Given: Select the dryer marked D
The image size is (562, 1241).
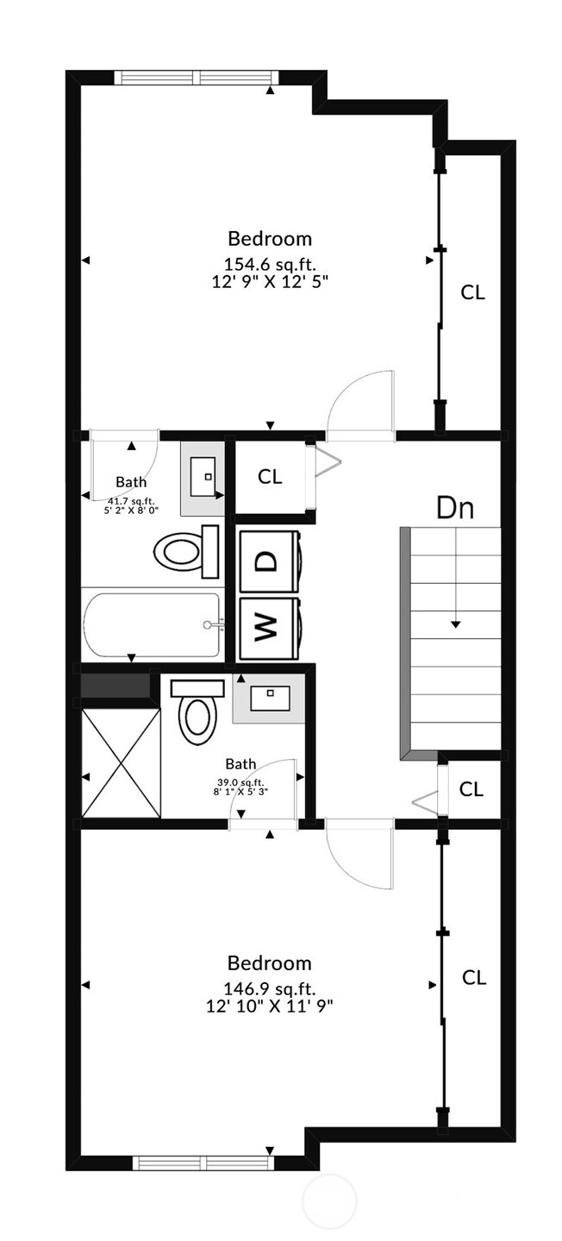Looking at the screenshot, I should tap(269, 561).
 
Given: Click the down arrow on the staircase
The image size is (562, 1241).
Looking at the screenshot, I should tap(455, 624).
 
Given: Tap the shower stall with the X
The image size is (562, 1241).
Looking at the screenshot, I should tap(121, 762).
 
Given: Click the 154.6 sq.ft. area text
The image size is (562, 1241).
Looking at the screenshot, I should tap(270, 264).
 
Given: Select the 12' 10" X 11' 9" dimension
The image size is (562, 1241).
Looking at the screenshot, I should tap(270, 1005).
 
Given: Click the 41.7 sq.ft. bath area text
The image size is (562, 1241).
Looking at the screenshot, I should tap(130, 501).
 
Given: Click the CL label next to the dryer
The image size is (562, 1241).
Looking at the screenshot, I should tap(270, 476).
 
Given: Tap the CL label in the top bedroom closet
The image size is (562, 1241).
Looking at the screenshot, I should tap(472, 292).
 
